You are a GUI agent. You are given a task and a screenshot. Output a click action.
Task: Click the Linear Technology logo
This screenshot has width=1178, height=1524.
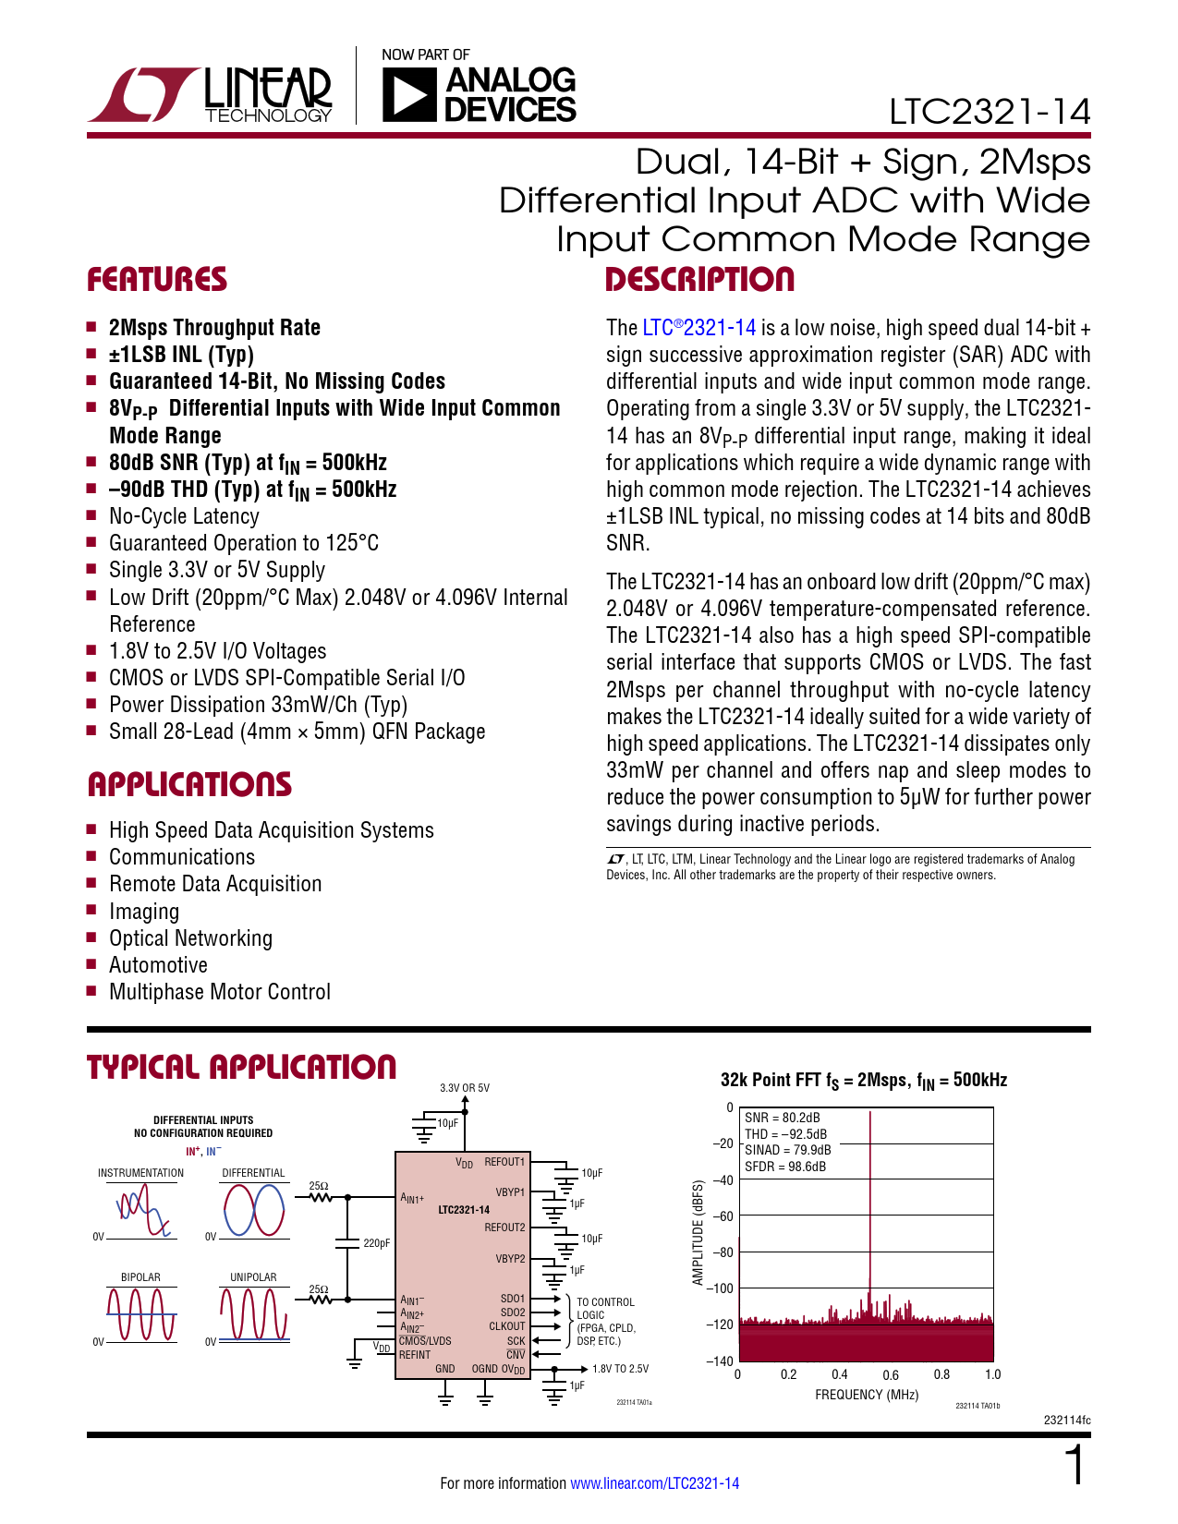[210, 95]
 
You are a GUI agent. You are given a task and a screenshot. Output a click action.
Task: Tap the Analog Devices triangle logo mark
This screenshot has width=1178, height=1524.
[409, 96]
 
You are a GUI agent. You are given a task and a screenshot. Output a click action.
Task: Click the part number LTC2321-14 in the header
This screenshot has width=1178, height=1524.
[990, 112]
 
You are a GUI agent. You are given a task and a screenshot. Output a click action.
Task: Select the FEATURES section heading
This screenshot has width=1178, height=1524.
[157, 279]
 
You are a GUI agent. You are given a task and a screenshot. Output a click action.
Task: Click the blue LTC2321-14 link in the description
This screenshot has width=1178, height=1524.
[698, 328]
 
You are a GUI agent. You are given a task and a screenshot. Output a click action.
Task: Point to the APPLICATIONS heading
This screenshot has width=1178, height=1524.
[189, 784]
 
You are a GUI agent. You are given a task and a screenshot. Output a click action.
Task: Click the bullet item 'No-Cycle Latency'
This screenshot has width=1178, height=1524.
[184, 516]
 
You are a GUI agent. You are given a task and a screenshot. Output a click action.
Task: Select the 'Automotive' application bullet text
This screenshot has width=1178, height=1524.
[158, 965]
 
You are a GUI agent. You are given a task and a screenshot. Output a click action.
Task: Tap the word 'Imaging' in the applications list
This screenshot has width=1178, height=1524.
[144, 911]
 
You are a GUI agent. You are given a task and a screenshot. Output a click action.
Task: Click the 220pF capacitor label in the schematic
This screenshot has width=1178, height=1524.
[377, 1243]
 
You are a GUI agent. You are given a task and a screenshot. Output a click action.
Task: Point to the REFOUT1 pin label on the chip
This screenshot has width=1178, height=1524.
[504, 1161]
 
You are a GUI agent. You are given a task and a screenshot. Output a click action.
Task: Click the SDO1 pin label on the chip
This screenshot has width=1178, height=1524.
[513, 1298]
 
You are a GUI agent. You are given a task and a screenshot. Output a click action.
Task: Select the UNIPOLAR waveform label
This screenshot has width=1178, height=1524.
[253, 1277]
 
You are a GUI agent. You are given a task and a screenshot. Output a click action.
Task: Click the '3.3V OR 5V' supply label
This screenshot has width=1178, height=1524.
[465, 1088]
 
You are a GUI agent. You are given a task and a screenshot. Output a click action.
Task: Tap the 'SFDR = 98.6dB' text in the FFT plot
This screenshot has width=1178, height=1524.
[785, 1167]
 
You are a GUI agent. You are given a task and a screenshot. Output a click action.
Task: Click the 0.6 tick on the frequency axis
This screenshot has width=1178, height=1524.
[891, 1374]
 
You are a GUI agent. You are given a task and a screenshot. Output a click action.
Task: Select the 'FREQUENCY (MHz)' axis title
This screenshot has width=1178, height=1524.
[867, 1395]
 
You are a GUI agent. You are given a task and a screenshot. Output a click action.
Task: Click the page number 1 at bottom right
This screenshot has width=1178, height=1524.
[1075, 1465]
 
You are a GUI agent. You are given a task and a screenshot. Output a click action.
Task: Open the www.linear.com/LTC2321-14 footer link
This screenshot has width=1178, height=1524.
[654, 1483]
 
